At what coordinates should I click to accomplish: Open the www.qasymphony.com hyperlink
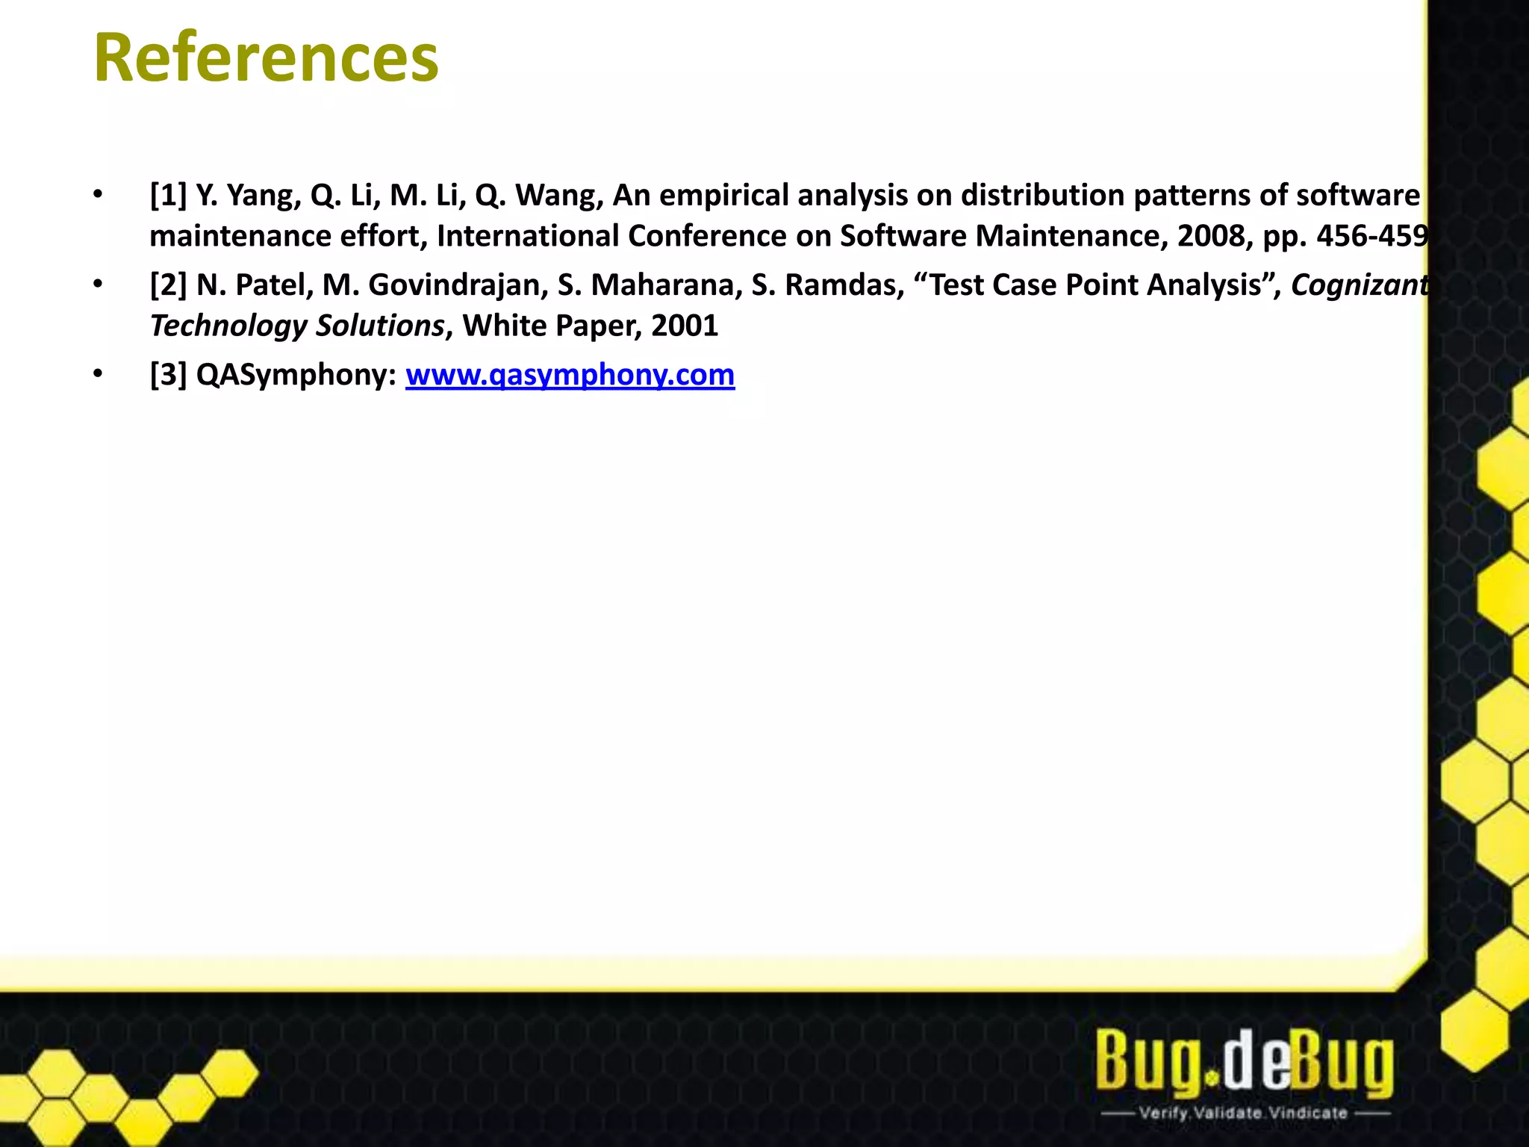[570, 375]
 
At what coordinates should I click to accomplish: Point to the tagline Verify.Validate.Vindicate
[1243, 1113]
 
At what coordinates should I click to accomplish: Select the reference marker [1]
[168, 196]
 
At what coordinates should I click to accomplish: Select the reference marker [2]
[168, 285]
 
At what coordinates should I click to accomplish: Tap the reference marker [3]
[168, 375]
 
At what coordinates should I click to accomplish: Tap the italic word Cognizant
[1359, 285]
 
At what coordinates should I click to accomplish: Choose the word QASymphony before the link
[295, 375]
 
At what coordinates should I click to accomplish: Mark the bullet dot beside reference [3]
[98, 373]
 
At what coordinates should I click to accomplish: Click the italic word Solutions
[380, 326]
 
